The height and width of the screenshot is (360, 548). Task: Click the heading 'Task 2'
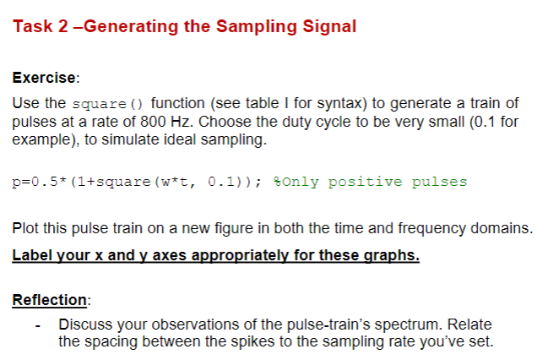pyautogui.click(x=41, y=26)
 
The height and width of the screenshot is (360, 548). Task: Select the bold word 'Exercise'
pyautogui.click(x=44, y=78)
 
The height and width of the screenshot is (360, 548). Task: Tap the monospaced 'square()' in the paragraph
pyautogui.click(x=107, y=104)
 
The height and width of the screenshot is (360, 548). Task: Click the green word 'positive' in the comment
pyautogui.click(x=365, y=182)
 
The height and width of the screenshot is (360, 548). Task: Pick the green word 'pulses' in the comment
pyautogui.click(x=439, y=182)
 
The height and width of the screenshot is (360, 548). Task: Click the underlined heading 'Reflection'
pyautogui.click(x=49, y=300)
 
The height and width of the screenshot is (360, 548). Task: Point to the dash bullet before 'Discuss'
pyautogui.click(x=37, y=326)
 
